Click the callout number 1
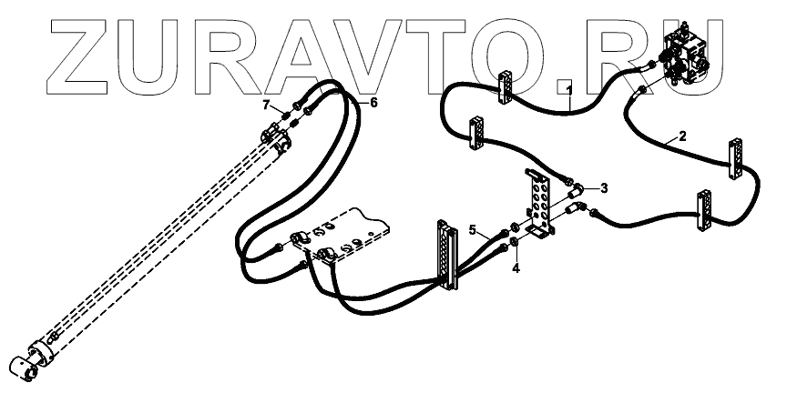(568, 89)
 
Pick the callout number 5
(474, 229)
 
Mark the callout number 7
(267, 104)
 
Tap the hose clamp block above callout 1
(505, 81)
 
